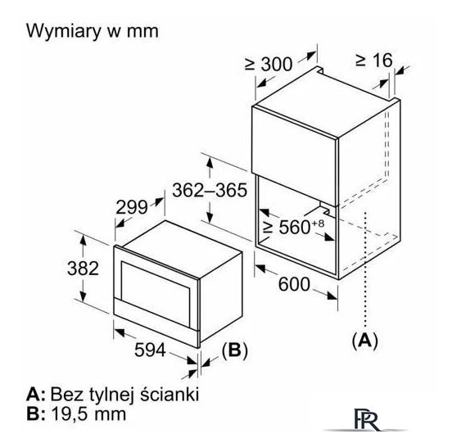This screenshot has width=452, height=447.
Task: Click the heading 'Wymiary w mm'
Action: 93,31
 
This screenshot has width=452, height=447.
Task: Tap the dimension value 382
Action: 83,268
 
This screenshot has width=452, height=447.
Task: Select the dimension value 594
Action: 150,350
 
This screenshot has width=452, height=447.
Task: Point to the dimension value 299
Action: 132,207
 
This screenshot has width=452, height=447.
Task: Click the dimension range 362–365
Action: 210,190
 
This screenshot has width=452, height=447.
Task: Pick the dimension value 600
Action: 294,284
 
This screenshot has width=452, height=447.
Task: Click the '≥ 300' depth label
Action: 269,64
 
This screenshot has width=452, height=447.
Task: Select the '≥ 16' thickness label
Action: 374,61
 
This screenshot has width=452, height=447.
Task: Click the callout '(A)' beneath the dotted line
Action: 364,341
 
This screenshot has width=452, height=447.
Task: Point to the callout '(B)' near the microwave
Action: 235,350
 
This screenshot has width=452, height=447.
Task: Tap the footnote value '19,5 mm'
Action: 88,414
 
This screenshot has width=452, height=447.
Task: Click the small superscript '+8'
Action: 318,223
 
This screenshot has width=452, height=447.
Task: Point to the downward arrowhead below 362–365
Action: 210,218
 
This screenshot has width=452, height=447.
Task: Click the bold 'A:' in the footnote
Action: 36,395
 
